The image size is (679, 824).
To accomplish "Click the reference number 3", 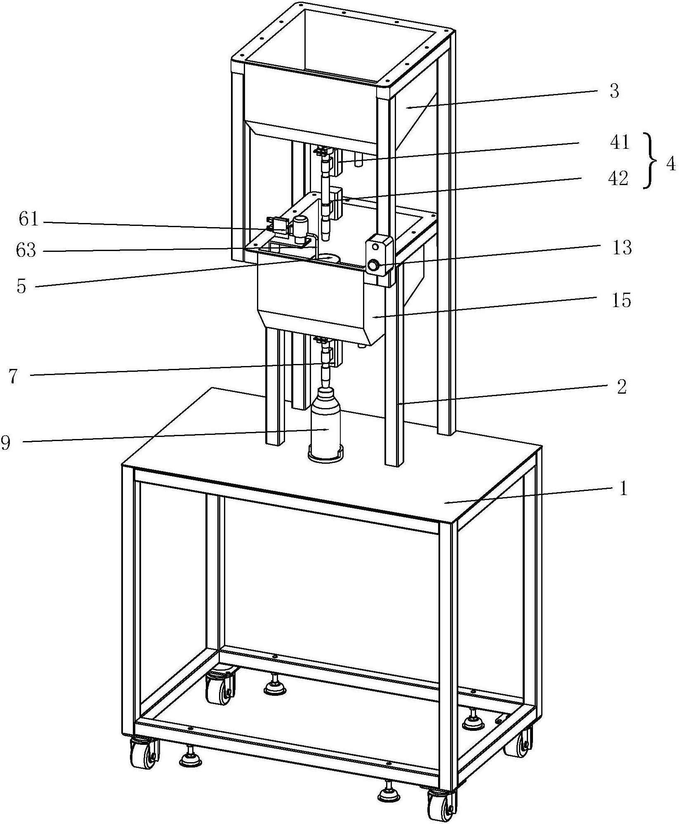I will tap(615, 92).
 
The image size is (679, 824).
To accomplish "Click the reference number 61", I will tap(28, 220).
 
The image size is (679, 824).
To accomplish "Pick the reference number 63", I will tap(26, 250).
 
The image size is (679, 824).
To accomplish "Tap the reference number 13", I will tap(622, 248).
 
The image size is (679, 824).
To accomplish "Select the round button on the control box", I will tap(374, 265).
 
